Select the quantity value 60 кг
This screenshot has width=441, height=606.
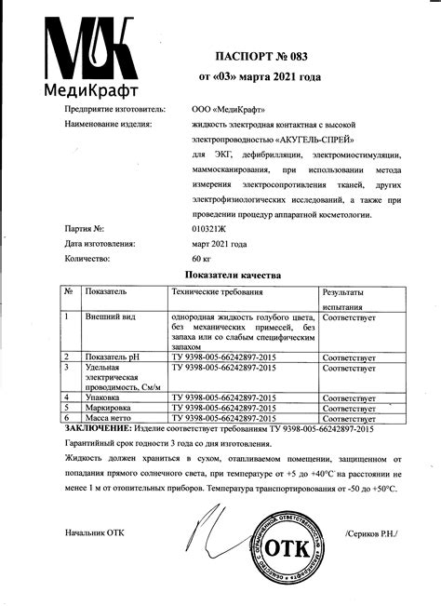coord(202,258)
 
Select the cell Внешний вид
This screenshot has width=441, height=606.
coord(113,317)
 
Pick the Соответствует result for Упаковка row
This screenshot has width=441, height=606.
coord(349,397)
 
